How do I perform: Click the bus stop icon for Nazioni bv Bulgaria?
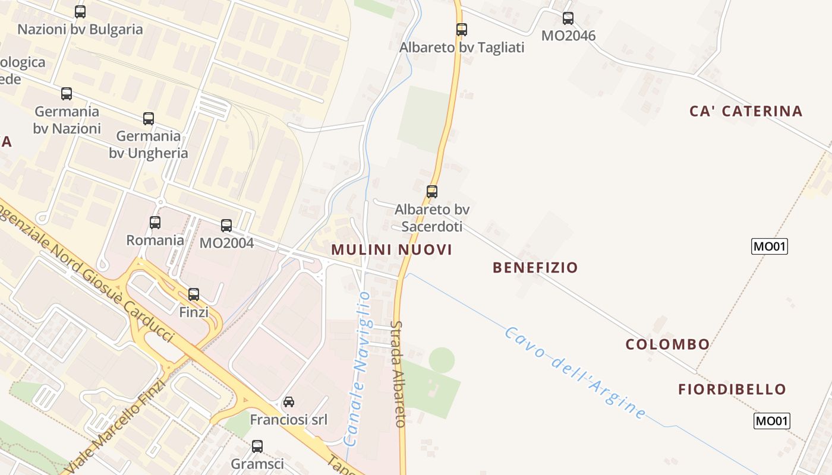coord(80,11)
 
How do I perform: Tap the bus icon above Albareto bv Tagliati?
coord(462,29)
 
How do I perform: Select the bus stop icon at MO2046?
coord(568,18)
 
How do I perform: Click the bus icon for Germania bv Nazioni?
coord(67,93)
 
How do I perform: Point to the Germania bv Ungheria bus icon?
coord(149,118)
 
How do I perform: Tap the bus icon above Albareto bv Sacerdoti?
coord(432,191)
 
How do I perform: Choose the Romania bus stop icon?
coord(155,222)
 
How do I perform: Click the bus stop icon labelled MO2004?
coord(226,225)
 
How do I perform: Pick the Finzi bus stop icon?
coord(194,294)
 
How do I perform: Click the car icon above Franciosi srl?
coord(289,401)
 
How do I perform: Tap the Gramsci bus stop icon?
coord(257,446)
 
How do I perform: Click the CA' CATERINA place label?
coord(746,111)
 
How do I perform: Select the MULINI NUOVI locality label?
coord(392,249)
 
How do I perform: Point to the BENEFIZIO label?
coord(535,267)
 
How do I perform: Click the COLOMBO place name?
coord(667,344)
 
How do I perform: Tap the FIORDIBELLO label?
coord(732,389)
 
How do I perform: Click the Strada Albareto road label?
coord(398,374)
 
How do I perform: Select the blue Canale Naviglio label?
coord(358,368)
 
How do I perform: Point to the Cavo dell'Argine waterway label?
coord(575,373)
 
